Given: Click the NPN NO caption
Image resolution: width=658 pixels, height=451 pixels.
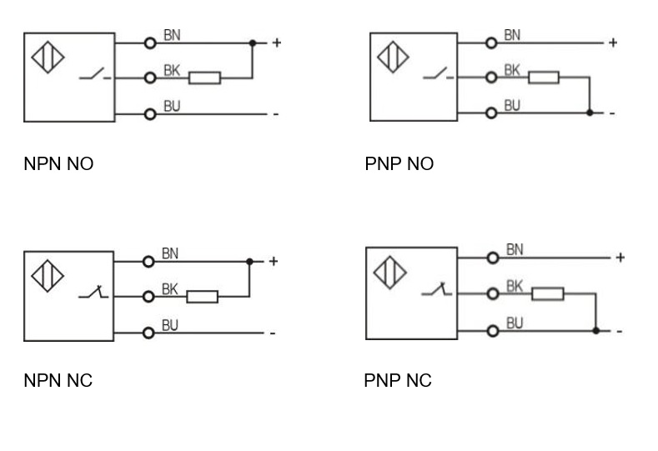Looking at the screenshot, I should (x=58, y=164).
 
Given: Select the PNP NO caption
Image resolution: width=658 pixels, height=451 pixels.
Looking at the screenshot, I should (x=399, y=164).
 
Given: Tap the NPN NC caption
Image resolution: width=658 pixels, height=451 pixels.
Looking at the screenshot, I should (x=58, y=381).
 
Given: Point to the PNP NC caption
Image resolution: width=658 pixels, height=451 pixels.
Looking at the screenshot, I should (x=398, y=381).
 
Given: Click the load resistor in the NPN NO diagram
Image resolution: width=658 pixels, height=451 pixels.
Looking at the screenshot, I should (x=204, y=78).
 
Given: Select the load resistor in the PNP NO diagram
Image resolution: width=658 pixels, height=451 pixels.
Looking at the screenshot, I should (x=543, y=78).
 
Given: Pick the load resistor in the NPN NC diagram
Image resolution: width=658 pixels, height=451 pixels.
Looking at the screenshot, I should (x=202, y=296).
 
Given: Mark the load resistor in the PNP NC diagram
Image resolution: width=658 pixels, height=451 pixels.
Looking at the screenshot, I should (x=548, y=293).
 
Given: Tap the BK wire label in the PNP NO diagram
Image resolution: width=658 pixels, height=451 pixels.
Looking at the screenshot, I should (x=512, y=71).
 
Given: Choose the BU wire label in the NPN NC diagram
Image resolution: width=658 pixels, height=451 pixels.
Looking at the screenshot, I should (x=170, y=325).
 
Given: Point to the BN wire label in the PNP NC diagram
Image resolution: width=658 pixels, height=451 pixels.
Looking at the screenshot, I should (x=515, y=249).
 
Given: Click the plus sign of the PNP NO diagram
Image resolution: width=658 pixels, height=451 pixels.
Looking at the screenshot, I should (x=613, y=43).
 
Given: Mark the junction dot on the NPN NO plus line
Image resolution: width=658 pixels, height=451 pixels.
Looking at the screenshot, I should (x=252, y=42).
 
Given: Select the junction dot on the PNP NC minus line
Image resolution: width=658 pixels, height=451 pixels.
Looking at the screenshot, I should (x=595, y=330).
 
